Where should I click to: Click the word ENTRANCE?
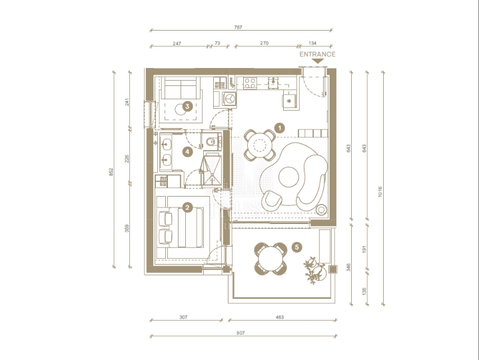[317, 55]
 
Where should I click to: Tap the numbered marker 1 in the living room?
[280, 128]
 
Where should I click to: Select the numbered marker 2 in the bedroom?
[187, 208]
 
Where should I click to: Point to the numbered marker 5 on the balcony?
[297, 247]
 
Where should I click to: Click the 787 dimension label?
[238, 27]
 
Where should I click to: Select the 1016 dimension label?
[380, 191]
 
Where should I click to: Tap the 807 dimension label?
[240, 333]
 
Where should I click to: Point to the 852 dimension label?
[111, 172]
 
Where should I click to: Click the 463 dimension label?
[280, 317]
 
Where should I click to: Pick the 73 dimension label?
[217, 43]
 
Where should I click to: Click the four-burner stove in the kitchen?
[250, 83]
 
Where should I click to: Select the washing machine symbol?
[229, 99]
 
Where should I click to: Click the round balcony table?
[270, 259]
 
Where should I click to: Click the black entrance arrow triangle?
[318, 61]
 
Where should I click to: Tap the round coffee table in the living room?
[288, 177]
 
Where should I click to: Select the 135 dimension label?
[364, 291]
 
